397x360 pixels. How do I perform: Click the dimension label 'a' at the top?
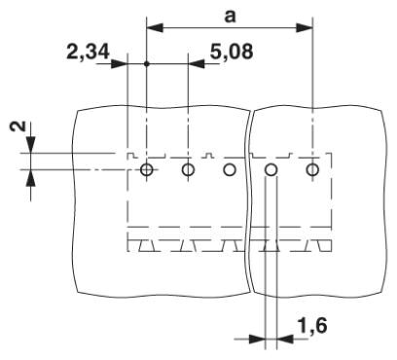pos(230,17)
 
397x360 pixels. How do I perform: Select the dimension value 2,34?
pos(88,52)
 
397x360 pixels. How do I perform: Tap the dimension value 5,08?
pos(232,52)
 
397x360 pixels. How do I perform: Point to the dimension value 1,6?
pos(312,326)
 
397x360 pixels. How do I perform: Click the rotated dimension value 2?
pos(20,126)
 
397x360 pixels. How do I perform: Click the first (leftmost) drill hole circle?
pos(147,169)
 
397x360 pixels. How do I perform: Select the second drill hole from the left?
pos(188,169)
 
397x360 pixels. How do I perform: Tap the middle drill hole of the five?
pos(230,169)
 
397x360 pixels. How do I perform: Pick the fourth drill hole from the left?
pos(271,169)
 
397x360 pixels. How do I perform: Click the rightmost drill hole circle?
pos(312,169)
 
